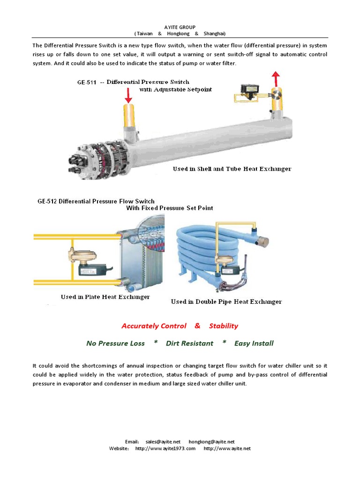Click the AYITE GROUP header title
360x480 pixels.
point(180,27)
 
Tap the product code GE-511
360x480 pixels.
point(87,82)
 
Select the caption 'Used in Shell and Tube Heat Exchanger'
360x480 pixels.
point(232,169)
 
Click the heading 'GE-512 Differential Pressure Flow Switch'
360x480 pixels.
point(96,201)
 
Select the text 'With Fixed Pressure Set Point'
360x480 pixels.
point(170,208)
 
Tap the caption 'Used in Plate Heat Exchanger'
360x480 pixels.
point(105,297)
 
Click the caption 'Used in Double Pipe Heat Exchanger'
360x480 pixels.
point(226,302)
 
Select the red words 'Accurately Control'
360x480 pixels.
point(154,326)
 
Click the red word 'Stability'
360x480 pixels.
point(224,326)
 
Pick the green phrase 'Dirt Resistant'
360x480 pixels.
point(189,343)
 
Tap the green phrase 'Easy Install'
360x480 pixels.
point(254,343)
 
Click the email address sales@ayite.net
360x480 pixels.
point(163,442)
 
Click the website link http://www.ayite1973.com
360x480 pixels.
point(165,449)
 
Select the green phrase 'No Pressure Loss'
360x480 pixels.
point(115,343)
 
